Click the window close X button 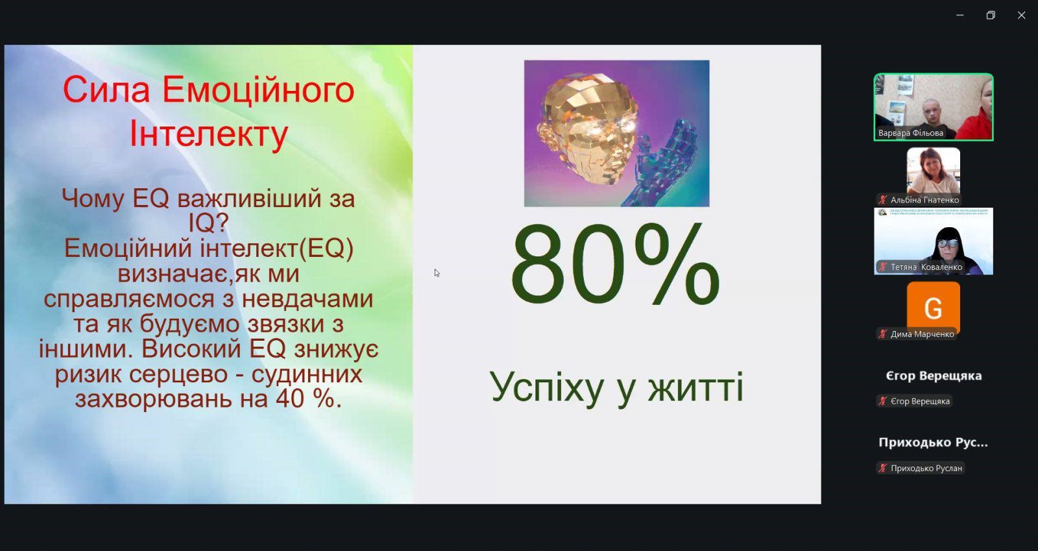[1021, 16]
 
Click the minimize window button [960, 16]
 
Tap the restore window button [991, 16]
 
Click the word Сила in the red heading [106, 90]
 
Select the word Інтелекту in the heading [208, 134]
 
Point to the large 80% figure [616, 265]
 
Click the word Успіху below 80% [546, 387]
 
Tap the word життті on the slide [695, 387]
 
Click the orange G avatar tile [934, 307]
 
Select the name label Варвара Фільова [911, 133]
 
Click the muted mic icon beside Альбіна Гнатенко [883, 200]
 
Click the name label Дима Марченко [922, 334]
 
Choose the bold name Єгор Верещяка [934, 376]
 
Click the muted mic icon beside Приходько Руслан [883, 468]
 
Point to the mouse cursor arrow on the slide [437, 273]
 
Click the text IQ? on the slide [208, 223]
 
